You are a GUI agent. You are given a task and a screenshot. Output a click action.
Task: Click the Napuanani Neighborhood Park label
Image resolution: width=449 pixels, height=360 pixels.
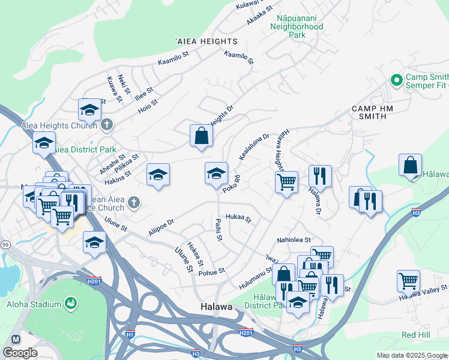tap(297, 27)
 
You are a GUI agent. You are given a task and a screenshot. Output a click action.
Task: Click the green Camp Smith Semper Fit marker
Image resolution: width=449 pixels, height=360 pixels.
tap(396, 80)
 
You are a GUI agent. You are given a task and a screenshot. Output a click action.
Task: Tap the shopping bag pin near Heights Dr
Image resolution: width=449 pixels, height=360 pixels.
tap(201, 136)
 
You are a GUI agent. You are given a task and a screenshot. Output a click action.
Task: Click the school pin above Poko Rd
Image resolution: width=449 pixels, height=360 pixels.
tap(216, 173)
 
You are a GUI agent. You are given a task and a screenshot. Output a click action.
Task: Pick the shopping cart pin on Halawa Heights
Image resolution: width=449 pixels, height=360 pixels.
tap(286, 181)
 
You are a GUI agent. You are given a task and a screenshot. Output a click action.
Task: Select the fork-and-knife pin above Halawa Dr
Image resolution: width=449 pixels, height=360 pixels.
tap(319, 176)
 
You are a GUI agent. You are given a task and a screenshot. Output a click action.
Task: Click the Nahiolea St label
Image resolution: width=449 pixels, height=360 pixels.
tap(294, 240)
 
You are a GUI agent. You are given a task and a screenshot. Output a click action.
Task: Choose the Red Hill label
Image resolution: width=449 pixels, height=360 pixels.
tap(414, 334)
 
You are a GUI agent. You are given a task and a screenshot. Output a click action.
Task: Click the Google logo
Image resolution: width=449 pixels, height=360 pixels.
tap(20, 353)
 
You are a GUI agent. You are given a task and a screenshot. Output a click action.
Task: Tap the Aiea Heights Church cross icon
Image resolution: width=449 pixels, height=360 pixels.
tap(106, 125)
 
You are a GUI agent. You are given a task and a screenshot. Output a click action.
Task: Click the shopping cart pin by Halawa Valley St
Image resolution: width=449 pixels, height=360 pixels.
tap(408, 280)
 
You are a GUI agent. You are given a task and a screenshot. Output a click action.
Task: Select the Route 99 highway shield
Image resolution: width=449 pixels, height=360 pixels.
tap(5, 229)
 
